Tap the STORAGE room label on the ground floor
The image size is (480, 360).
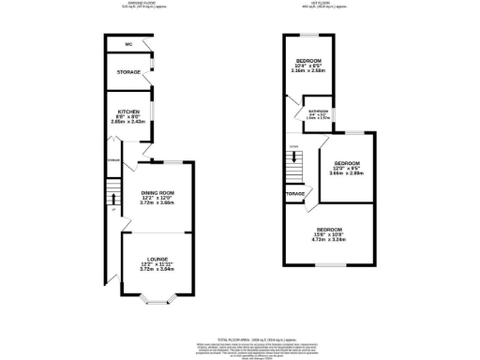128,71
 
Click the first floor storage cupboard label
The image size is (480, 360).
296,195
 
